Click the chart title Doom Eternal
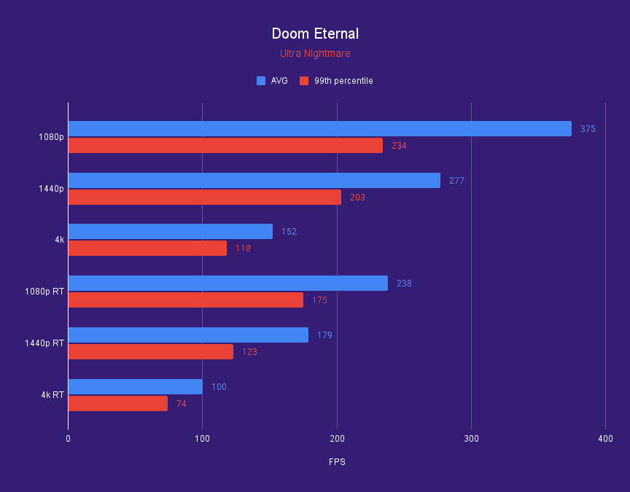pos(315,34)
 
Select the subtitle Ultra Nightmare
pos(315,53)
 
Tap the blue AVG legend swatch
pos(261,81)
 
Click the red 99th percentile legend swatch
pos(304,81)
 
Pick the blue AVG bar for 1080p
pos(319,129)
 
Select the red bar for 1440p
pos(204,198)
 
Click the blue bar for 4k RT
pos(135,386)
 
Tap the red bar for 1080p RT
pos(185,300)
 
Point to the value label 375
pos(588,129)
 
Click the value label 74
pos(181,404)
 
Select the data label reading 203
pos(357,198)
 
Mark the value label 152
pos(289,232)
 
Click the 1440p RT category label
pos(44,343)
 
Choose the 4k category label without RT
pos(59,240)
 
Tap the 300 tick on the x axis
pos(471,439)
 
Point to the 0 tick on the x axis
pos(68,439)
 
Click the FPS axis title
pos(337,462)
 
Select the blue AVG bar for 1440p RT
pos(188,335)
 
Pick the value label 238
pos(404,284)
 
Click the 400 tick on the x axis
pos(605,439)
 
